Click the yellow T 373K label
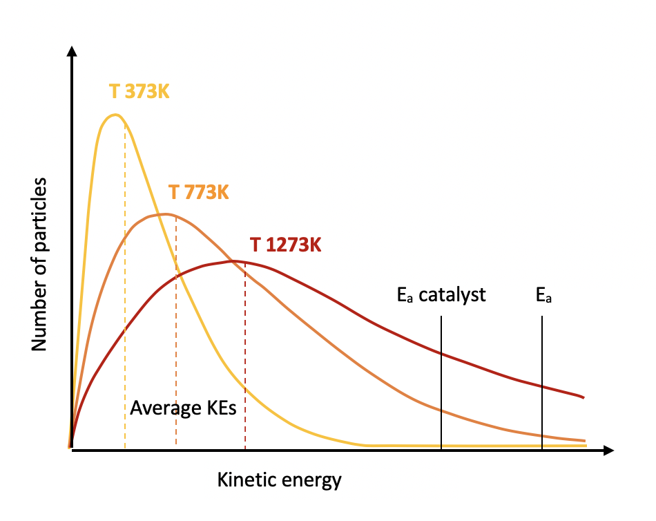(139, 91)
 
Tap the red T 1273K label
(285, 245)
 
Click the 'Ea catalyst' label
(441, 296)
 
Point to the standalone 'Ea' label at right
(544, 296)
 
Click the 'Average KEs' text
(183, 408)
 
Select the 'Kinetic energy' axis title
(279, 480)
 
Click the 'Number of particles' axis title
(39, 264)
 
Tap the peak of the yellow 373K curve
(115, 115)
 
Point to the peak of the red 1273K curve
(233, 261)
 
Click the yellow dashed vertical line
(125, 290)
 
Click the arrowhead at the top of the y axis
(71, 50)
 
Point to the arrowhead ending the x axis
(608, 451)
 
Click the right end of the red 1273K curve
(584, 397)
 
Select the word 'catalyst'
(452, 296)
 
